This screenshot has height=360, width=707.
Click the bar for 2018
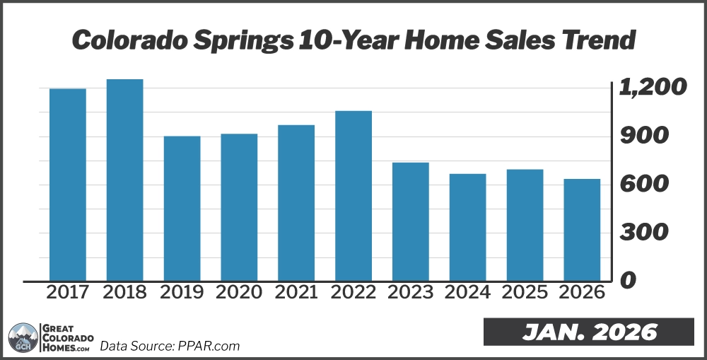(124, 180)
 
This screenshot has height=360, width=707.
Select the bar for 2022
(353, 195)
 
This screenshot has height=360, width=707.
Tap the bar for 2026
(582, 229)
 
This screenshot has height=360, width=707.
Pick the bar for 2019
(182, 208)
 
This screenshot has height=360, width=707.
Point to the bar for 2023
(410, 221)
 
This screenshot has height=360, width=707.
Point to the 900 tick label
(643, 136)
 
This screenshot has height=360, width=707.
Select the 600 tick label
(643, 184)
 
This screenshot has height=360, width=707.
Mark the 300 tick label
(643, 232)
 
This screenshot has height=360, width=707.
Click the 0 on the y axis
(627, 280)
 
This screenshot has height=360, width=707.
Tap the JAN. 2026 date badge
(590, 332)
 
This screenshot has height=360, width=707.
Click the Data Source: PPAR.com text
(170, 346)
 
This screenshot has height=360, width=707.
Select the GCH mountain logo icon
(22, 337)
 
